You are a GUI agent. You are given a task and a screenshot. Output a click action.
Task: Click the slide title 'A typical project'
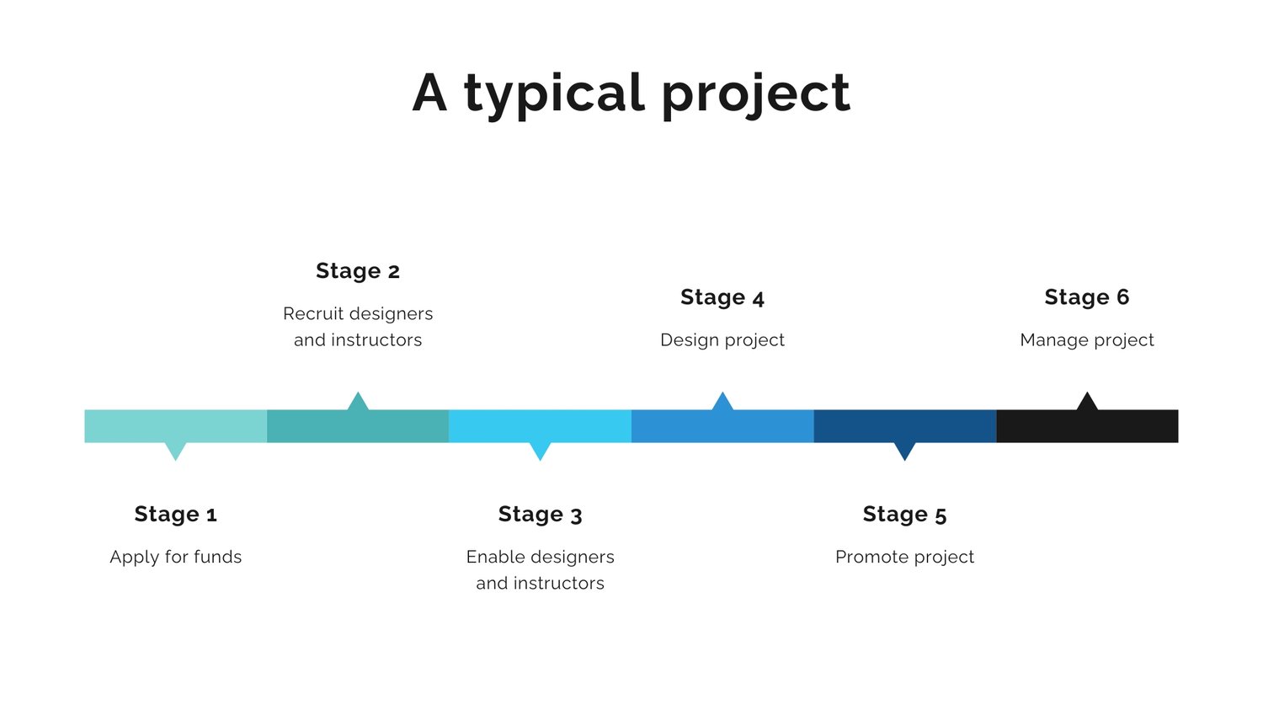tap(631, 94)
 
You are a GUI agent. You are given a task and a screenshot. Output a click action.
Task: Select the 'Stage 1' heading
tap(175, 515)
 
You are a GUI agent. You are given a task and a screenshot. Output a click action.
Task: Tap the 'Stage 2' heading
tap(358, 270)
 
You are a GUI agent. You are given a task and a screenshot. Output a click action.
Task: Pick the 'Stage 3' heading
tap(540, 515)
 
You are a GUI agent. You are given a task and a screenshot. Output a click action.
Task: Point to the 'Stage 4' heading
tap(722, 297)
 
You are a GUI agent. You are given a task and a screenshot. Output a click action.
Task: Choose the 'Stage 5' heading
tap(904, 515)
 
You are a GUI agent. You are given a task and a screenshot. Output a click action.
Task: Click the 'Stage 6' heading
tap(1086, 297)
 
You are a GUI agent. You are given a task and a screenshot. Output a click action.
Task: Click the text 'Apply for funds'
tap(175, 558)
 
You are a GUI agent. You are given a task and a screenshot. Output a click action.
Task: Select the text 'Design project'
tap(722, 340)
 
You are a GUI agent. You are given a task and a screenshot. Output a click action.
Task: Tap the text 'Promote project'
tap(904, 558)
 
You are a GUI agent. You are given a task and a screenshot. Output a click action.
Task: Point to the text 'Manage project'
tap(1086, 340)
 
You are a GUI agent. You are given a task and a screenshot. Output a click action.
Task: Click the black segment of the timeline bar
tap(1087, 426)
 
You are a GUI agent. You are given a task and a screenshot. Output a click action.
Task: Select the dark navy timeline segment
tap(905, 426)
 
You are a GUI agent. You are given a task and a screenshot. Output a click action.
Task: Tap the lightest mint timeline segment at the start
tap(175, 426)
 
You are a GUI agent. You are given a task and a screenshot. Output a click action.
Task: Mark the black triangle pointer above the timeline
tap(1087, 403)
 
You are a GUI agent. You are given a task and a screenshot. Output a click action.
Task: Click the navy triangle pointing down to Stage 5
tap(905, 450)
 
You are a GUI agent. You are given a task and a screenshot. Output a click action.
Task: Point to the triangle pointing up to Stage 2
tap(358, 403)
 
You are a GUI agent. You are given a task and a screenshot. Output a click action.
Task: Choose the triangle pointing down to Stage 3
tap(541, 450)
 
